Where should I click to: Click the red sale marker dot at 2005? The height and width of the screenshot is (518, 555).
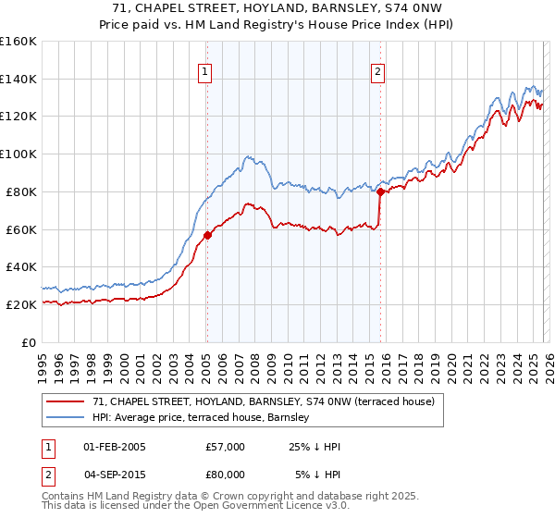point(207,235)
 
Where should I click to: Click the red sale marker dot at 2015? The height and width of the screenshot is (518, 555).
point(380,191)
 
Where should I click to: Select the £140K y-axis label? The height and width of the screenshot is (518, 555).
point(18,79)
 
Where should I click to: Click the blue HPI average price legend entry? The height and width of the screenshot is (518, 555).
point(221,417)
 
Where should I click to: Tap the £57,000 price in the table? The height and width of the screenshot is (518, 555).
point(226,447)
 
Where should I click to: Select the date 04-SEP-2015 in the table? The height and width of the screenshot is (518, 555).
point(114,474)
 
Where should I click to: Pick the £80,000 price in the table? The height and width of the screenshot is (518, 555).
point(226,474)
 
